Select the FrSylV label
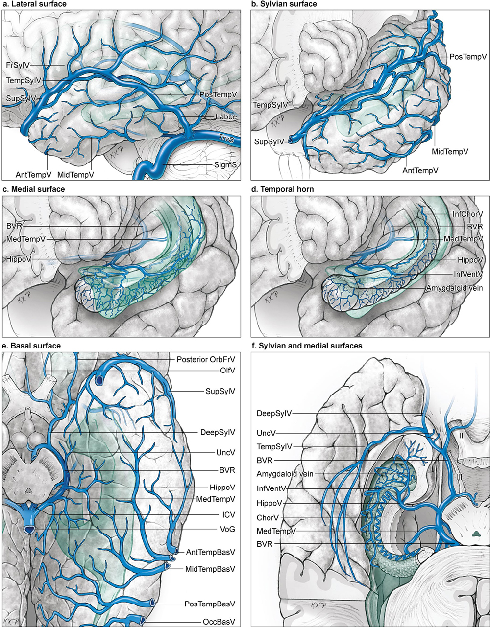19,64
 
